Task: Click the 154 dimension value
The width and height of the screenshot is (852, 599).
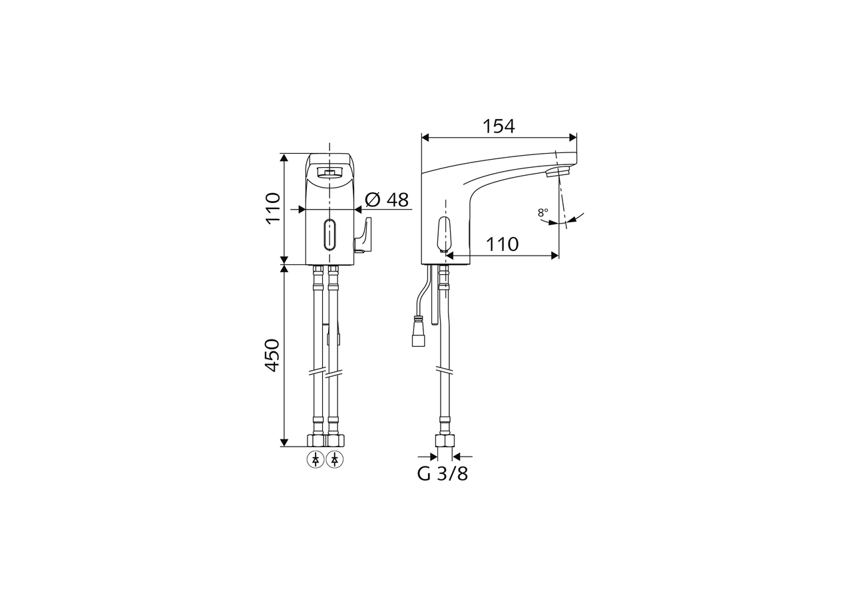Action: (x=499, y=126)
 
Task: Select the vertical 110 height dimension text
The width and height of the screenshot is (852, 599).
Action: (x=273, y=208)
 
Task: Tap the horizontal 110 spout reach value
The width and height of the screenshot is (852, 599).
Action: (x=502, y=244)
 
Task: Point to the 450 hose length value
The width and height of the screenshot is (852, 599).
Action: (x=273, y=355)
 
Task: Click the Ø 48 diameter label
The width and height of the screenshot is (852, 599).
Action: (x=387, y=200)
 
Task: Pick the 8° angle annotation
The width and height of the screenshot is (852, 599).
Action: (x=543, y=213)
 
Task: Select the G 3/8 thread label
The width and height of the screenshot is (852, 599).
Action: (x=443, y=475)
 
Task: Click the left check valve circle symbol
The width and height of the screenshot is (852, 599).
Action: (x=316, y=459)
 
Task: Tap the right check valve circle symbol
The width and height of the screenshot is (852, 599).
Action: (x=335, y=459)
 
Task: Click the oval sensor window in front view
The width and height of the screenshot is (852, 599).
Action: (x=329, y=235)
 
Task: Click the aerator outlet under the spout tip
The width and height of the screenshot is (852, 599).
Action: (x=558, y=172)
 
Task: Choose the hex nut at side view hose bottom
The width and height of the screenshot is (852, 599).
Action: (x=444, y=441)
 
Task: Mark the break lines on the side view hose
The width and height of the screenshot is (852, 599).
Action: (x=444, y=371)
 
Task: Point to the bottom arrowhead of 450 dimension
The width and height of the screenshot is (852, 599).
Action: (x=284, y=442)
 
